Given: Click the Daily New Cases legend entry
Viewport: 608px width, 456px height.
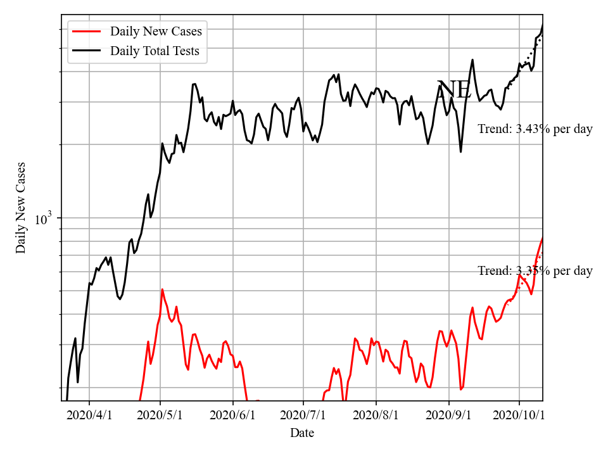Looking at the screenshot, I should click(156, 31).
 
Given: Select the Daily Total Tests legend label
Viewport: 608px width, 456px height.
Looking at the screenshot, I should click(155, 51).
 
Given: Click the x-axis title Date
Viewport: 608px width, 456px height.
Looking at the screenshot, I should click(302, 433).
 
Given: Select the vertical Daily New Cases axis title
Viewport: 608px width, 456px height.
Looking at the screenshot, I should click(22, 207).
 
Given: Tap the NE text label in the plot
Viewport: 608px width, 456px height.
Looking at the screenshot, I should click(454, 91).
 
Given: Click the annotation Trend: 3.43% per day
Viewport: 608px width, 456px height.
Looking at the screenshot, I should click(535, 129).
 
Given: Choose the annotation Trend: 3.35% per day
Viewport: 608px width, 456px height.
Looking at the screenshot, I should click(535, 271).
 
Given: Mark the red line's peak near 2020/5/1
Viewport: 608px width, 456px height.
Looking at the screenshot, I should click(163, 289).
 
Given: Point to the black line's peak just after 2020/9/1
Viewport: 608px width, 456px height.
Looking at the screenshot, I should click(472, 60).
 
